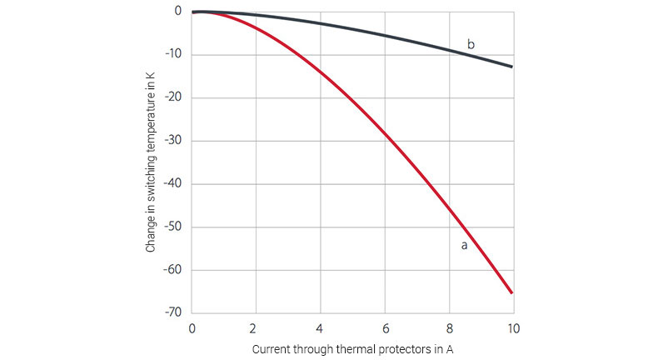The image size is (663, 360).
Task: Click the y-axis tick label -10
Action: [x=175, y=55]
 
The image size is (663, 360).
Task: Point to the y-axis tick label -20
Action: [x=175, y=98]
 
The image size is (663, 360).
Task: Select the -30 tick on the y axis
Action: [x=175, y=141]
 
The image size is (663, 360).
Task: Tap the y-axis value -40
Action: [x=175, y=184]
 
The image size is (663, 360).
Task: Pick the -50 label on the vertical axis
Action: [x=175, y=227]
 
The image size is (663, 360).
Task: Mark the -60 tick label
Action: [x=175, y=270]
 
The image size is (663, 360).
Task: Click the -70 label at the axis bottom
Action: [x=175, y=312]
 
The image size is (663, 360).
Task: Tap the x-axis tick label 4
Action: [x=320, y=327]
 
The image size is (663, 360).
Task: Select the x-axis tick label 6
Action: [x=385, y=327]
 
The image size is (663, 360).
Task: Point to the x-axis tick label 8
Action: [x=449, y=327]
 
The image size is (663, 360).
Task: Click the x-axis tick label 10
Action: [x=513, y=327]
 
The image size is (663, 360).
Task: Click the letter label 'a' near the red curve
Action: [x=464, y=246]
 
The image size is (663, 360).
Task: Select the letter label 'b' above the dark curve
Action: [x=471, y=43]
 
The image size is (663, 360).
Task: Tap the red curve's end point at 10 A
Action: [x=512, y=292]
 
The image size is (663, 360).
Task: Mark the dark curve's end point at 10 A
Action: [x=512, y=67]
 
